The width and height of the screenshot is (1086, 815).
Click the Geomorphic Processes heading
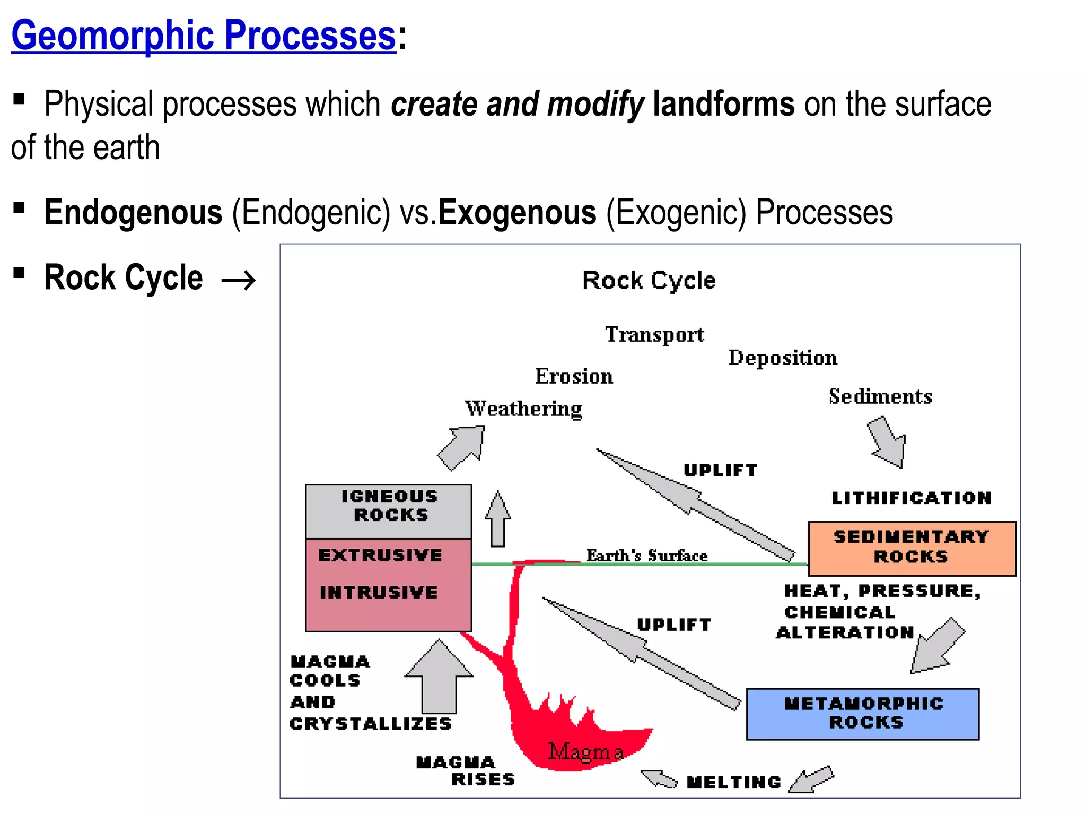click(204, 35)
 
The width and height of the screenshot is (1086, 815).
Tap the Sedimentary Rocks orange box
click(912, 548)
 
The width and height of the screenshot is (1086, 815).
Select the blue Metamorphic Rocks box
click(863, 714)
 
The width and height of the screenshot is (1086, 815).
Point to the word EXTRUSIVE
click(380, 555)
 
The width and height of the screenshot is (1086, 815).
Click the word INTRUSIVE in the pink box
click(379, 592)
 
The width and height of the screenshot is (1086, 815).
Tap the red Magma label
click(585, 752)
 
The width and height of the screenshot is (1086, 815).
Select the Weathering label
click(523, 409)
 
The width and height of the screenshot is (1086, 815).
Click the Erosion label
click(574, 376)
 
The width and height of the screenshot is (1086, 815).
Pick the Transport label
click(654, 335)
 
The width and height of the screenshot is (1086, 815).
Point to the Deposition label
click(783, 358)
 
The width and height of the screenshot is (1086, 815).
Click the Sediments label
click(880, 396)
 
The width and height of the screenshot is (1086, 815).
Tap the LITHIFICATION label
click(911, 498)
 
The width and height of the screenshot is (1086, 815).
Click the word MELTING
click(734, 782)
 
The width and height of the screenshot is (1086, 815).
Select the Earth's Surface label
click(646, 556)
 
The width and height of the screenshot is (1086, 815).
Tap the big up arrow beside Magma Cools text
click(439, 677)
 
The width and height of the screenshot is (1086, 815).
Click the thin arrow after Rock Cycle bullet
click(239, 280)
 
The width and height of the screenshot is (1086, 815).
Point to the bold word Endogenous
click(133, 212)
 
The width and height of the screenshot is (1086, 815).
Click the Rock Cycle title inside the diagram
click(649, 280)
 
